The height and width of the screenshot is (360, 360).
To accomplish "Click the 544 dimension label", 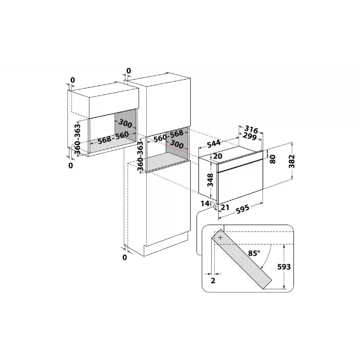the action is click(x=214, y=144).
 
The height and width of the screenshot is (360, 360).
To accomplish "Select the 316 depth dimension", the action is click(x=251, y=129).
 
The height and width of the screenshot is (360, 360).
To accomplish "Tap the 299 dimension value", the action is click(x=250, y=136).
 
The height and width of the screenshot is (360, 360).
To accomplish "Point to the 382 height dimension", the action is click(x=292, y=162).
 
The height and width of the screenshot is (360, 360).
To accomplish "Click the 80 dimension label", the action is click(x=273, y=159).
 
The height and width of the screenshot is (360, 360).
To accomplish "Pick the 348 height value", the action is click(x=210, y=180).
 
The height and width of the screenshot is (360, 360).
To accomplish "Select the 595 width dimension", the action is click(x=243, y=209).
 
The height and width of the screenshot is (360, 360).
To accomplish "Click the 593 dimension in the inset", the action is click(x=284, y=267).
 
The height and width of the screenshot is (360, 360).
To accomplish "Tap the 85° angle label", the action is click(x=254, y=253).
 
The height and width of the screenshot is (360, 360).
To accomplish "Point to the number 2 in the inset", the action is click(x=213, y=280).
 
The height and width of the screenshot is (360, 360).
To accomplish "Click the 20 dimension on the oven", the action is click(x=218, y=156).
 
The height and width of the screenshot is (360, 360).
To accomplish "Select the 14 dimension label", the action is click(x=205, y=203).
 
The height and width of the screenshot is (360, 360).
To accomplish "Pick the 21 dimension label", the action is click(x=225, y=207).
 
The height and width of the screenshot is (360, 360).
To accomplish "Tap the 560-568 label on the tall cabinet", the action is click(x=168, y=136).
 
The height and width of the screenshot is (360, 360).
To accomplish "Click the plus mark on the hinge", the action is click(x=220, y=238).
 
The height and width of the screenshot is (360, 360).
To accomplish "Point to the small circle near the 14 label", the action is click(x=215, y=207).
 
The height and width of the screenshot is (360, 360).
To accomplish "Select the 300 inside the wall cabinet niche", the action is click(x=126, y=124).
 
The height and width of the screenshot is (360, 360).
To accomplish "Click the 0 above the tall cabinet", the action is click(x=129, y=71).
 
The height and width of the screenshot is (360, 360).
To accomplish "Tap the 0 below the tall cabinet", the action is click(x=125, y=257).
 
